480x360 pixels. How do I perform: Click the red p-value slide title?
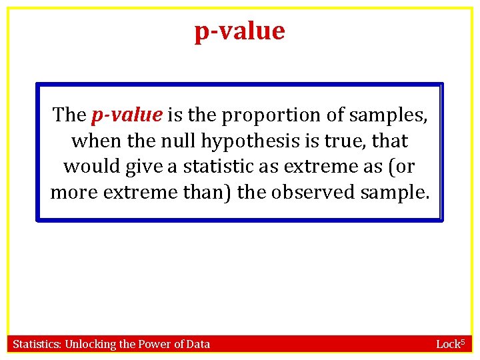point(239,31)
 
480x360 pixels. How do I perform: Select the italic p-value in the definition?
point(127,115)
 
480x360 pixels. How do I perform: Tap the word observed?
point(313,193)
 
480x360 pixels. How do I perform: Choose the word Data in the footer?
point(198,345)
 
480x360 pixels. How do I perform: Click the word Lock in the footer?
point(447,345)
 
